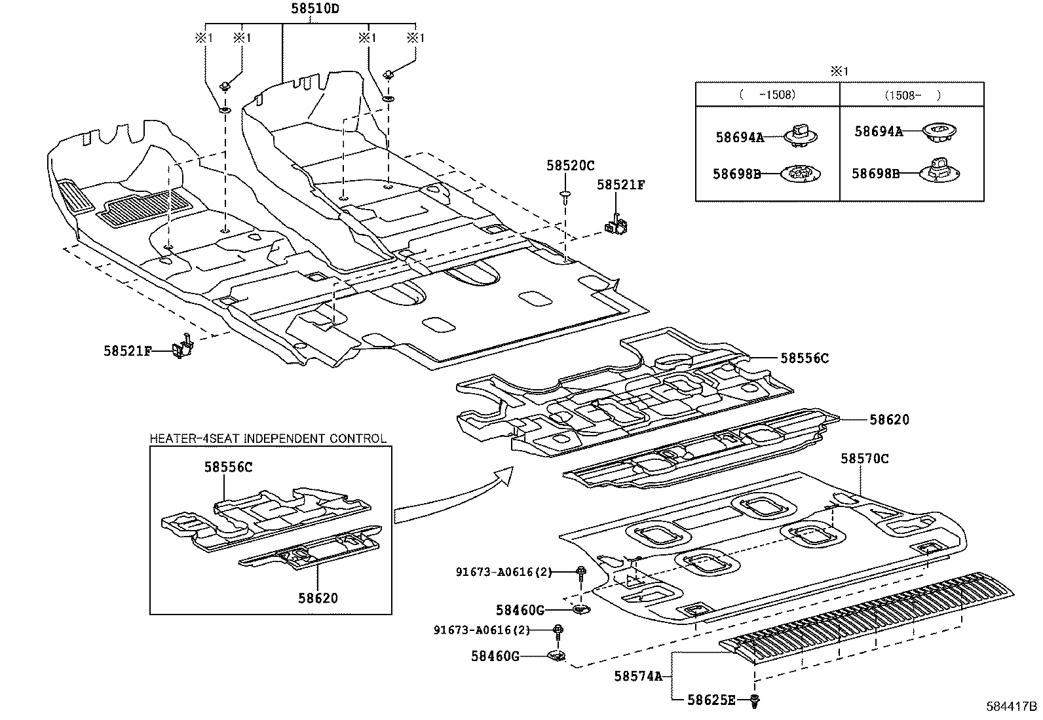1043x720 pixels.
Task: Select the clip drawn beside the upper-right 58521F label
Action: point(616,224)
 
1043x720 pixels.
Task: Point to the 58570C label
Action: point(865,459)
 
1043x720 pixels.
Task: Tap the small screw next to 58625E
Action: point(755,701)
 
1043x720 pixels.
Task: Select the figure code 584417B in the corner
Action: point(1012,707)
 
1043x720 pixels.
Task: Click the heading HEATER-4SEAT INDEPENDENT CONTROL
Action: point(268,438)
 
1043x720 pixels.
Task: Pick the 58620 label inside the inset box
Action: point(318,597)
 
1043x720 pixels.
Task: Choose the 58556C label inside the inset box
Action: point(228,466)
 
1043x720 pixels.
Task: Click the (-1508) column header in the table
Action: point(767,94)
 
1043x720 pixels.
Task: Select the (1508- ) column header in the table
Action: point(912,94)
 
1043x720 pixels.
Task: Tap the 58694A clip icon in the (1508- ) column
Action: point(938,132)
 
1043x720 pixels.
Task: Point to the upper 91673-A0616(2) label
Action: point(504,572)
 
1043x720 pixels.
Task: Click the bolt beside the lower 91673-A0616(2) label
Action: point(558,631)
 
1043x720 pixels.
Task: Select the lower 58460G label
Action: point(495,655)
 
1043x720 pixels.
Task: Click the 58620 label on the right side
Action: point(889,420)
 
